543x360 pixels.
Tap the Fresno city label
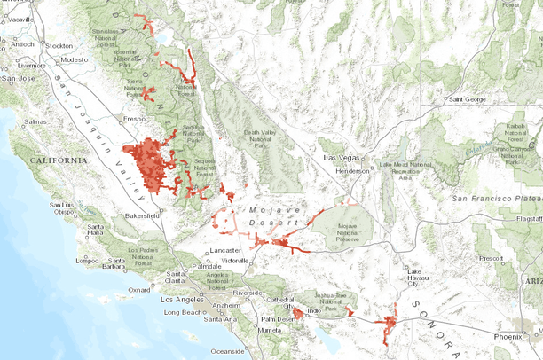pos(135,118)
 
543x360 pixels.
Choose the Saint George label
pos(468,98)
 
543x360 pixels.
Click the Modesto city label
pos(75,60)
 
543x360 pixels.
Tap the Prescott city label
pos(490,258)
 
